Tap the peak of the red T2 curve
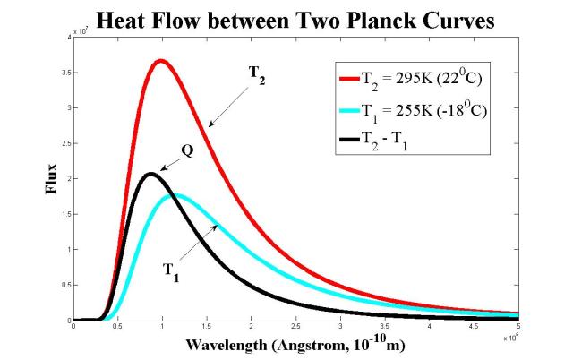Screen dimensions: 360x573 coord(160,61)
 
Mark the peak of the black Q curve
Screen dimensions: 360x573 coord(150,174)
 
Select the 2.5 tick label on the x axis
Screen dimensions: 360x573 coord(295,328)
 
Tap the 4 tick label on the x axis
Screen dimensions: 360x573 coord(429,328)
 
